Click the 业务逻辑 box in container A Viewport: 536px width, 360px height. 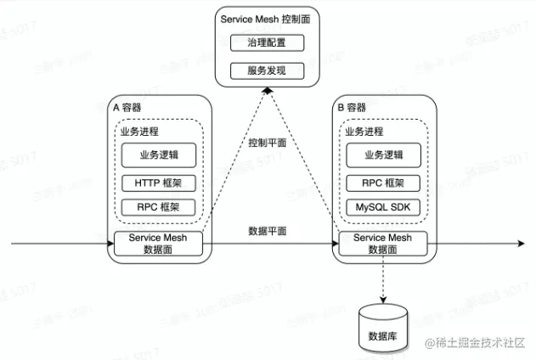coord(158,155)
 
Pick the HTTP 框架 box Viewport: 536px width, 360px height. coord(158,182)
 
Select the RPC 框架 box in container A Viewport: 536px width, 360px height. coord(158,207)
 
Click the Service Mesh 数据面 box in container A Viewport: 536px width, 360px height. coord(158,243)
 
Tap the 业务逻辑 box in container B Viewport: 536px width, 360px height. coord(383,155)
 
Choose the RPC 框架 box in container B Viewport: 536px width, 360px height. coord(383,182)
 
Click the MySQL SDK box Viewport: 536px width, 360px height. coord(383,207)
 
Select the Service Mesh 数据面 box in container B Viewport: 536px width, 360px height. coord(383,243)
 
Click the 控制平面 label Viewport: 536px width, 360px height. coord(268,143)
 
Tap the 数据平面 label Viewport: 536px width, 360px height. coord(268,230)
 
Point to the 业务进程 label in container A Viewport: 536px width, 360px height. coord(139,132)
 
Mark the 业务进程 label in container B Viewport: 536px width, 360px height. coord(364,132)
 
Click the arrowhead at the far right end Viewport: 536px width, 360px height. coord(521,245)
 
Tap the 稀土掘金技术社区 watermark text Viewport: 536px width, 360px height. coord(480,343)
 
